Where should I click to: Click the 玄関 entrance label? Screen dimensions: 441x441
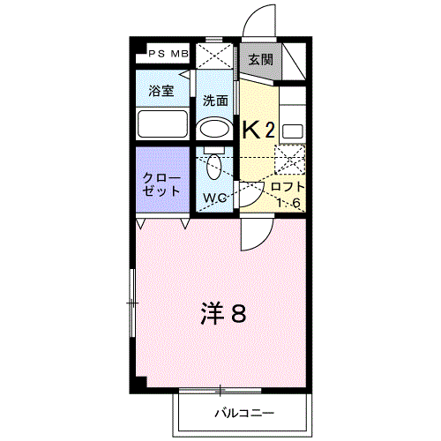coord(261,60)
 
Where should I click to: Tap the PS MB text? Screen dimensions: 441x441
coord(168,54)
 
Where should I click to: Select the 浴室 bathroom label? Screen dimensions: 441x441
coord(161,91)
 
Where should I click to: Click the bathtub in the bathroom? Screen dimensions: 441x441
coord(162,123)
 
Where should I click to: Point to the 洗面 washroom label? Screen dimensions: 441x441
coord(215,101)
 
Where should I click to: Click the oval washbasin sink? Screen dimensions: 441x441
coord(214,129)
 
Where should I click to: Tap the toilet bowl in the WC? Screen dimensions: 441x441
coord(213,167)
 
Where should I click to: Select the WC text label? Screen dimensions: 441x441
coord(215,198)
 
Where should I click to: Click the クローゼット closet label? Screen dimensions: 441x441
coord(161,184)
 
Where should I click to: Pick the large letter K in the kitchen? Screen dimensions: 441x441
coord(251,130)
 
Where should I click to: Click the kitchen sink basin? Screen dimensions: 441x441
coord(293,131)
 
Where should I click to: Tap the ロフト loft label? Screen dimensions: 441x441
coord(288,187)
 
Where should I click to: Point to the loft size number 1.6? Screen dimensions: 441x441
coord(288,203)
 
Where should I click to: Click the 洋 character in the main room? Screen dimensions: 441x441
coord(213,314)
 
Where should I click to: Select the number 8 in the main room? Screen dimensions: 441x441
coord(238,314)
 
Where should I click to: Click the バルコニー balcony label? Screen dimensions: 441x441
coord(244,413)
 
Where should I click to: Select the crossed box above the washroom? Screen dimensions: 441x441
coord(214,56)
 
